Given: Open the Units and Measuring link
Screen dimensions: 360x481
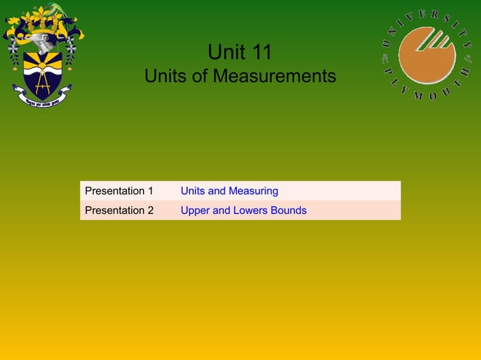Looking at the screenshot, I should [x=229, y=191].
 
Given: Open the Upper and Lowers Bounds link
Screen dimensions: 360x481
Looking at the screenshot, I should [x=244, y=211].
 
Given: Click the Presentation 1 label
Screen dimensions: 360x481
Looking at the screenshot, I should [x=119, y=191].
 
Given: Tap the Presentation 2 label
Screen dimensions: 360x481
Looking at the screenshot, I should [x=119, y=211].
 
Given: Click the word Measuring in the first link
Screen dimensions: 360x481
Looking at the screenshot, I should [x=253, y=191].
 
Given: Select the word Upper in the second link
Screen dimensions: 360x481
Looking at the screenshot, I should [x=195, y=211].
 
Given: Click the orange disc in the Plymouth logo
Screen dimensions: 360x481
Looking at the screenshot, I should [x=427, y=55].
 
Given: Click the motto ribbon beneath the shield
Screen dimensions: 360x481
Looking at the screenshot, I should [x=42, y=96].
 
